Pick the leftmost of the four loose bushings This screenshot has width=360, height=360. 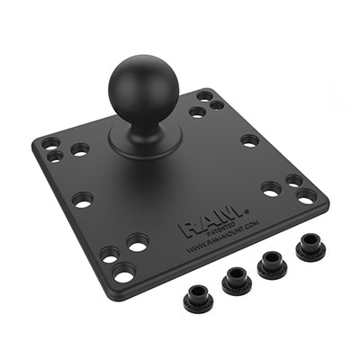tap(197, 299)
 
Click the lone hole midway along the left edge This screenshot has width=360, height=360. tap(83, 200)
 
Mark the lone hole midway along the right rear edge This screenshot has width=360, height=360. tap(249, 140)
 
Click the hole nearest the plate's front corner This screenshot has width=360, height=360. tap(123, 272)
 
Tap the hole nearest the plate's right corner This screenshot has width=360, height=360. tap(306, 195)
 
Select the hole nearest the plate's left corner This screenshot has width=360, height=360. tap(49, 143)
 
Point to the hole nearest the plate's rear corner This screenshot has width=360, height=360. tap(205, 95)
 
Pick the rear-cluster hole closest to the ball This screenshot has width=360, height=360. tap(196, 112)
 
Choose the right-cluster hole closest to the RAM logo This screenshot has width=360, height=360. tap(271, 189)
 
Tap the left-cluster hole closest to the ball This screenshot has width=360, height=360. tap(80, 149)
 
